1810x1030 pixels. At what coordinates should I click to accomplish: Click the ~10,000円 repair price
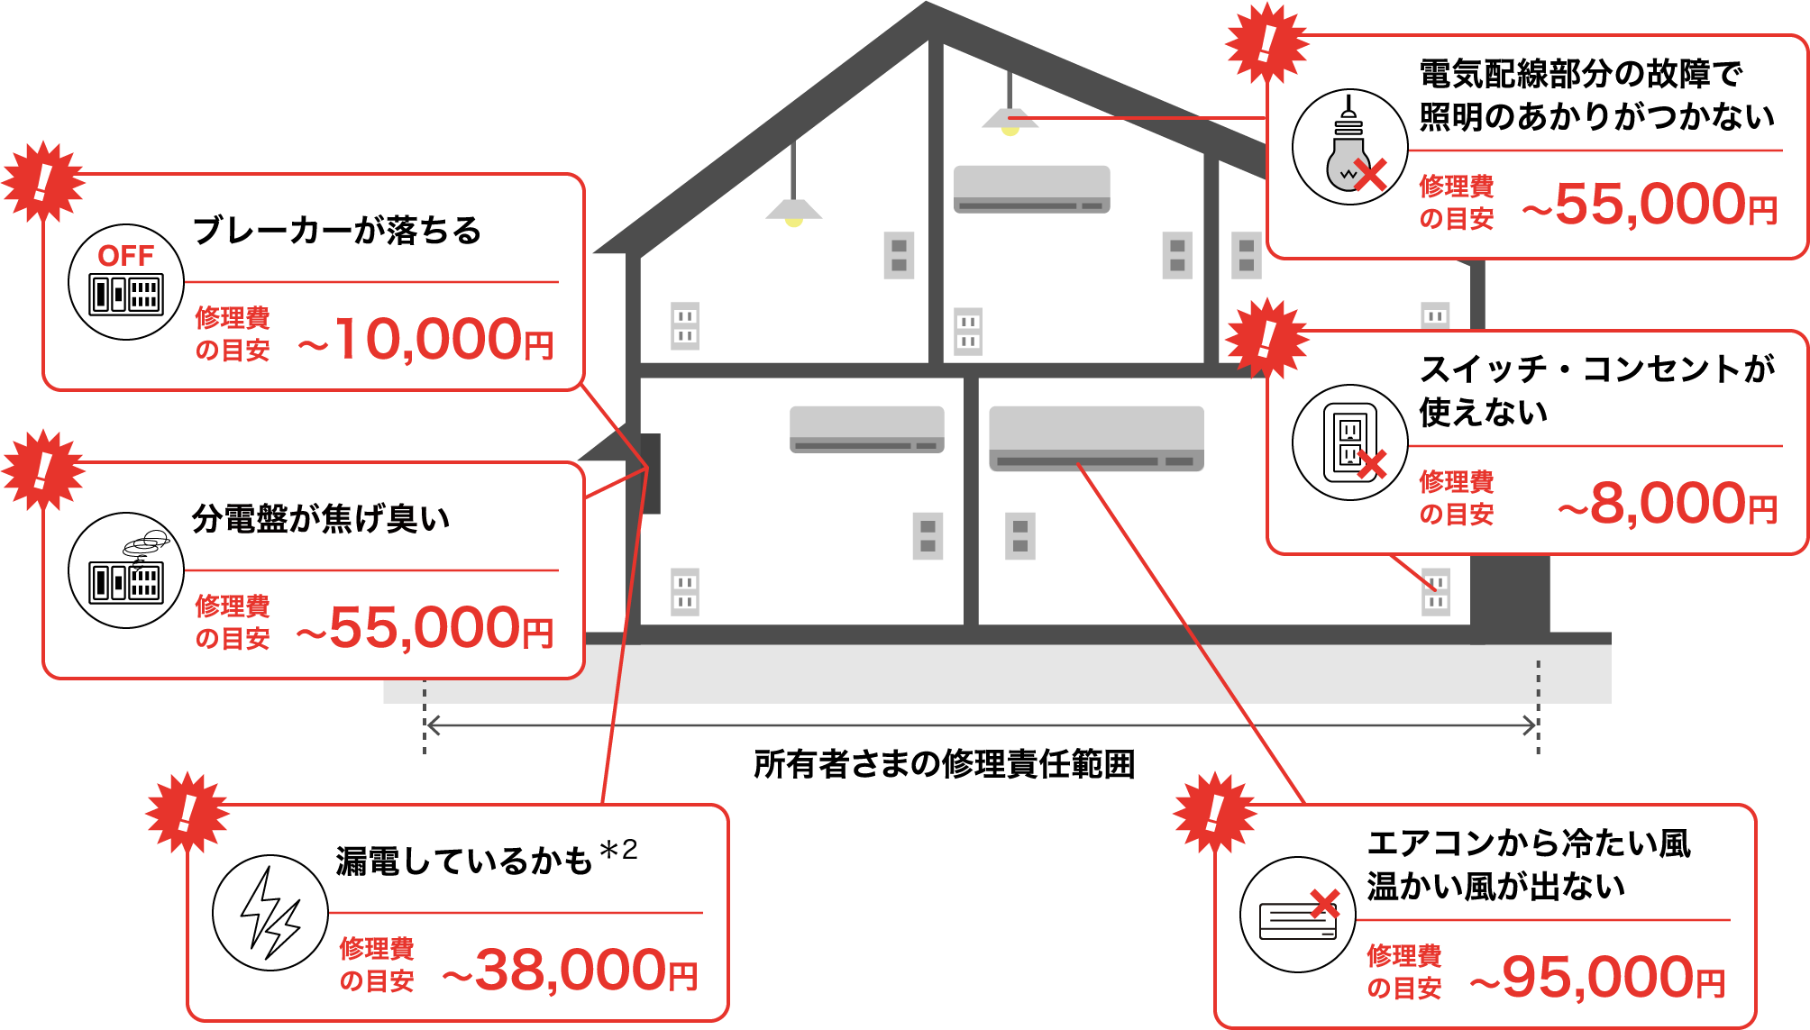(x=425, y=340)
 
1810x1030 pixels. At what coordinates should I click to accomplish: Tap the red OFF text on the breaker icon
(x=125, y=256)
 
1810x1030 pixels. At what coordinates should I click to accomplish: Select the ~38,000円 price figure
(x=570, y=971)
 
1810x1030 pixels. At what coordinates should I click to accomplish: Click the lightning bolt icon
(x=270, y=913)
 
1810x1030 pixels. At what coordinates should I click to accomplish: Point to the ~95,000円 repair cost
(x=1597, y=978)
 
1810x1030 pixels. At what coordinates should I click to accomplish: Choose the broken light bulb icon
(x=1349, y=147)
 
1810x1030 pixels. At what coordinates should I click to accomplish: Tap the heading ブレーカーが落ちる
(x=337, y=231)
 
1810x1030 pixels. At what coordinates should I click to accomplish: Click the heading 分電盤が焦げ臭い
(x=321, y=519)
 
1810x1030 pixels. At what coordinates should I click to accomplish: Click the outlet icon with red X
(x=1350, y=443)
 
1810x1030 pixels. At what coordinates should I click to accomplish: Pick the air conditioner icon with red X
(x=1298, y=916)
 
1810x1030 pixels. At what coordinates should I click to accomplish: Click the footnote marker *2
(x=618, y=850)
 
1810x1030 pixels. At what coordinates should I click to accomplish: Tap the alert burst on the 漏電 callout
(x=187, y=812)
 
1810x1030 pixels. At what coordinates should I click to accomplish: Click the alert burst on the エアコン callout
(x=1214, y=812)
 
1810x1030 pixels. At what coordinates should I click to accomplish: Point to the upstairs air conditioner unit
(x=1031, y=189)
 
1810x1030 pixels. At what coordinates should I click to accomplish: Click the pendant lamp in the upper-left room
(x=793, y=211)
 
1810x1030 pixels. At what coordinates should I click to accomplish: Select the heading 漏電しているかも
(x=463, y=861)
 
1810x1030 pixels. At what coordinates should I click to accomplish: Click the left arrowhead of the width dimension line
(x=432, y=725)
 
